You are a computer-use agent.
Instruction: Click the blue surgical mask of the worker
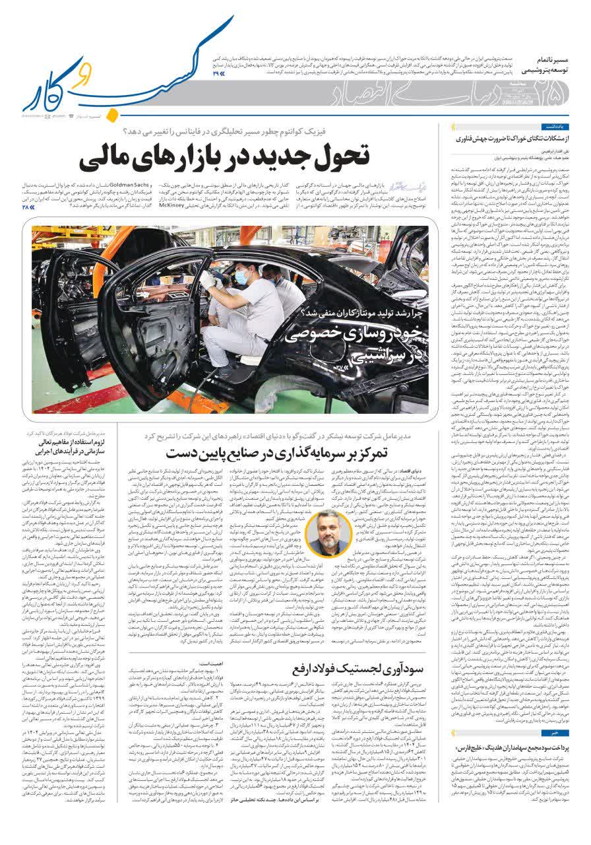241,277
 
